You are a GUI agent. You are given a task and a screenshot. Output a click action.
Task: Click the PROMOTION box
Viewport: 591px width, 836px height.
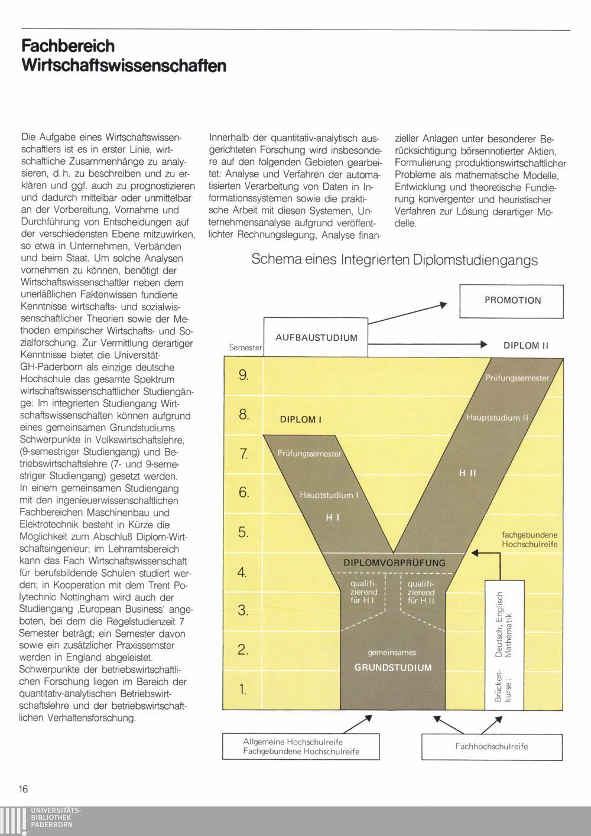[x=512, y=300]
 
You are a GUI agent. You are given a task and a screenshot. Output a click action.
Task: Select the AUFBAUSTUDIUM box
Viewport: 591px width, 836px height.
[x=316, y=337]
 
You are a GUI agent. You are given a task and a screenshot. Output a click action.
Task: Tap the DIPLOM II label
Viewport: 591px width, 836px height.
[x=526, y=346]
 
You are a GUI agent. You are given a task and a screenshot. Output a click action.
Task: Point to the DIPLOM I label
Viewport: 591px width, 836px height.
[x=300, y=419]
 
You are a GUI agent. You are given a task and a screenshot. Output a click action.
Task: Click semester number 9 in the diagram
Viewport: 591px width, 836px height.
[x=243, y=375]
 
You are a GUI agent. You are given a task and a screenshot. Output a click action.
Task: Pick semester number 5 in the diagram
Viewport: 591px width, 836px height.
[x=243, y=532]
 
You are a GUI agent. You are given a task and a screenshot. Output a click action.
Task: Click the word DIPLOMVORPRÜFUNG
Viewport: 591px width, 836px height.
[x=394, y=563]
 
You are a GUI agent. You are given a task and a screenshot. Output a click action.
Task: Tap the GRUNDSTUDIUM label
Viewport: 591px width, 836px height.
[x=393, y=668]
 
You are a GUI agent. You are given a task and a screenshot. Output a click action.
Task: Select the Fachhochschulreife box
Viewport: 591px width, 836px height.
[x=492, y=746]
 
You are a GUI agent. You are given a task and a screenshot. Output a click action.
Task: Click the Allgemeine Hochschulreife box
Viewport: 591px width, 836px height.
[x=301, y=746]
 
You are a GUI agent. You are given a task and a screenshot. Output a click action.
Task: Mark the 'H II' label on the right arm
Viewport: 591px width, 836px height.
[x=467, y=473]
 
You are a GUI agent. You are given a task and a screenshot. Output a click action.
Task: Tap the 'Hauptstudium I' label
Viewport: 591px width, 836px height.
[x=329, y=495]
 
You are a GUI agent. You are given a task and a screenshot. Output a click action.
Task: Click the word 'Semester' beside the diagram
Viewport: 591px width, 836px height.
[x=245, y=348]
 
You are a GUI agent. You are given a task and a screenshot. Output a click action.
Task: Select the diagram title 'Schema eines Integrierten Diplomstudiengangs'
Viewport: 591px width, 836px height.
[x=394, y=260]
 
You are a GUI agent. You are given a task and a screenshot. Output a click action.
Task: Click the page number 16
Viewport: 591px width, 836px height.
[x=23, y=789]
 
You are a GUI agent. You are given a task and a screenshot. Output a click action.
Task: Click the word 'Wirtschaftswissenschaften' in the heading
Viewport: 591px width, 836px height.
[x=124, y=64]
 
